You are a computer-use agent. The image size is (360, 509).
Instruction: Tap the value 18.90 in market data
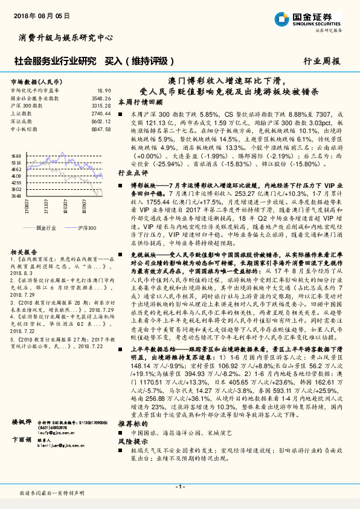point(104,90)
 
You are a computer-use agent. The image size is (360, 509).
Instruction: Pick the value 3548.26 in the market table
point(101,97)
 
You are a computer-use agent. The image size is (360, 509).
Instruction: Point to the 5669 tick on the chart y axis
point(16,155)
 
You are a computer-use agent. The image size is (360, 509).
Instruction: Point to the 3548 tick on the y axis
point(16,196)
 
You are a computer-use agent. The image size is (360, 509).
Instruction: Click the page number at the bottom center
point(179,487)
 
